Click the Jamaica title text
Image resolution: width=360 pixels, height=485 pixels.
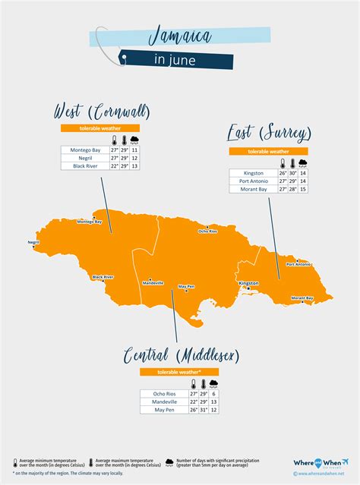(x=180, y=35)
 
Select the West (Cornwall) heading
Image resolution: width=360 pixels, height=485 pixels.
(x=101, y=112)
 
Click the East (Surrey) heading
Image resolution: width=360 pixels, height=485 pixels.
(x=269, y=135)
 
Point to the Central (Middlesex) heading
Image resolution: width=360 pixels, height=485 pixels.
(x=181, y=356)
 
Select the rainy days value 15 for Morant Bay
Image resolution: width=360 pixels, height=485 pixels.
(x=303, y=189)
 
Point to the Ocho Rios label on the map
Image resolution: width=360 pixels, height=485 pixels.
(x=207, y=231)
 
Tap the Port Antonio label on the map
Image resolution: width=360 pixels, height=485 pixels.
(x=298, y=264)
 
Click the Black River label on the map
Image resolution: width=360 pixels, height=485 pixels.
(x=103, y=277)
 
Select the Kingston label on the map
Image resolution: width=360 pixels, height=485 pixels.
(x=248, y=283)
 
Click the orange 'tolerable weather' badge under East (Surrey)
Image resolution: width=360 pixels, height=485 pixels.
(x=269, y=152)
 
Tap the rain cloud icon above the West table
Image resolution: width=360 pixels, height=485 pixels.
(x=134, y=140)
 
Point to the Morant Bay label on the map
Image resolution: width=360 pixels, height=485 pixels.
(x=302, y=298)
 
